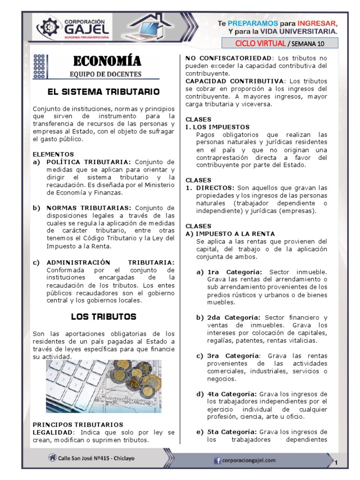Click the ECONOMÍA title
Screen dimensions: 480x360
click(106, 61)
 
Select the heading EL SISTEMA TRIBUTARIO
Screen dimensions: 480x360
click(104, 91)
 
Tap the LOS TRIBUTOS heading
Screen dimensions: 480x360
click(104, 316)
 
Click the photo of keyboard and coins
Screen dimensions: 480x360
click(104, 386)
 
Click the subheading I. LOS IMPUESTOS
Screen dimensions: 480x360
click(217, 127)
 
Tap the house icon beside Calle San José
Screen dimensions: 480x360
click(51, 457)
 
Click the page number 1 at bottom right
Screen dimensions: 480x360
click(336, 463)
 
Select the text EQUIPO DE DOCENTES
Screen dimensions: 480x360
click(105, 74)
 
